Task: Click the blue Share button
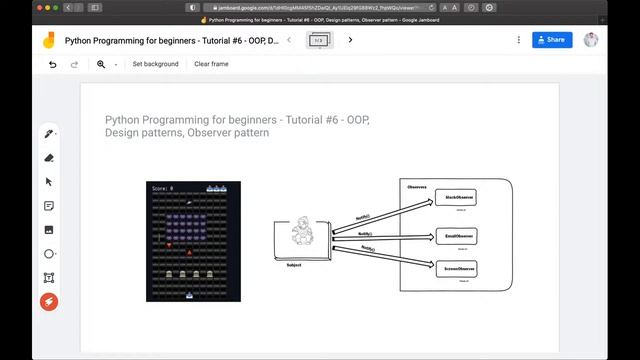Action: click(x=552, y=40)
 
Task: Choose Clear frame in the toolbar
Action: click(x=211, y=64)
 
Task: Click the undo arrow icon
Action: click(x=53, y=64)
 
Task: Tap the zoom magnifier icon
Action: click(x=101, y=64)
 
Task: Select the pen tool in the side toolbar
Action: click(x=48, y=134)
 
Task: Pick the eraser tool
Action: click(x=48, y=158)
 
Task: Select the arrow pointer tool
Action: click(x=48, y=182)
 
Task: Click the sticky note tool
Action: click(x=48, y=206)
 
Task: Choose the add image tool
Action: click(x=48, y=230)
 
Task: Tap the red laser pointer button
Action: click(x=48, y=301)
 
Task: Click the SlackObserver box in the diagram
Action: click(x=460, y=199)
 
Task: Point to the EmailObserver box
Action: click(x=460, y=236)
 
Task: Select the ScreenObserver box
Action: click(x=460, y=268)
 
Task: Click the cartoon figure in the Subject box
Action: click(x=302, y=237)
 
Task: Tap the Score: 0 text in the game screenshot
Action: click(x=163, y=188)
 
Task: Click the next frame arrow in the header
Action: click(x=350, y=40)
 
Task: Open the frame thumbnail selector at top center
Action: click(x=320, y=40)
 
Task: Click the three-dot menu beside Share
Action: click(x=518, y=40)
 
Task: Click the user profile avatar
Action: click(x=592, y=40)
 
